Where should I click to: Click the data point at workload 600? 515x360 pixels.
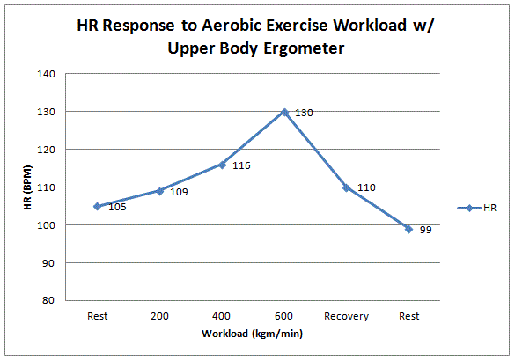click(284, 112)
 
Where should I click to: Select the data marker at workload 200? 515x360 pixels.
click(159, 190)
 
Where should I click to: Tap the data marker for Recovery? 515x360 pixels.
click(346, 187)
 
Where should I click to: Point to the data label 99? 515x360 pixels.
click(424, 230)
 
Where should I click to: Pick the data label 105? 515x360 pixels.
click(118, 208)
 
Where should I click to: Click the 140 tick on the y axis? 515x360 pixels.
click(49, 74)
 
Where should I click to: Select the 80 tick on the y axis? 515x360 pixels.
click(52, 301)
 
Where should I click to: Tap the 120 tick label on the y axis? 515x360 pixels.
click(49, 150)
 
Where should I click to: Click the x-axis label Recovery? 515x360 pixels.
click(346, 316)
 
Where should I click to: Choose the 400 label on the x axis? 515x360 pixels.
click(222, 316)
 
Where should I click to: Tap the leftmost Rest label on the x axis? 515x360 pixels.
click(97, 316)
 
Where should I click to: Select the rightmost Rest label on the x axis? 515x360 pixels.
click(408, 316)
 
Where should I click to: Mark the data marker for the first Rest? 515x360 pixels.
click(97, 206)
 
